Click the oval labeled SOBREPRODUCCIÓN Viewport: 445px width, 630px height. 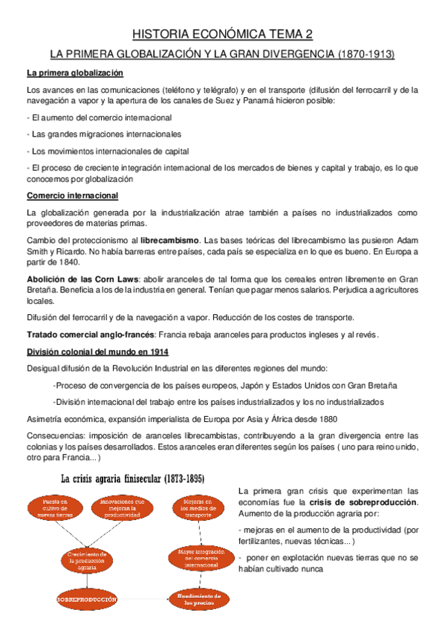click(x=88, y=598)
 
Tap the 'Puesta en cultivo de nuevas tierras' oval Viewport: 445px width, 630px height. click(x=49, y=508)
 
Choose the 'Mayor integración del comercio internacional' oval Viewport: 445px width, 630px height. click(x=197, y=557)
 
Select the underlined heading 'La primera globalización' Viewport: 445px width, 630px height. click(x=74, y=73)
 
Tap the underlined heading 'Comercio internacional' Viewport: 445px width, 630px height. click(x=72, y=195)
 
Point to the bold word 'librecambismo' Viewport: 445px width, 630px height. click(x=171, y=241)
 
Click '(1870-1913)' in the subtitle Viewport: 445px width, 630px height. click(x=366, y=54)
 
